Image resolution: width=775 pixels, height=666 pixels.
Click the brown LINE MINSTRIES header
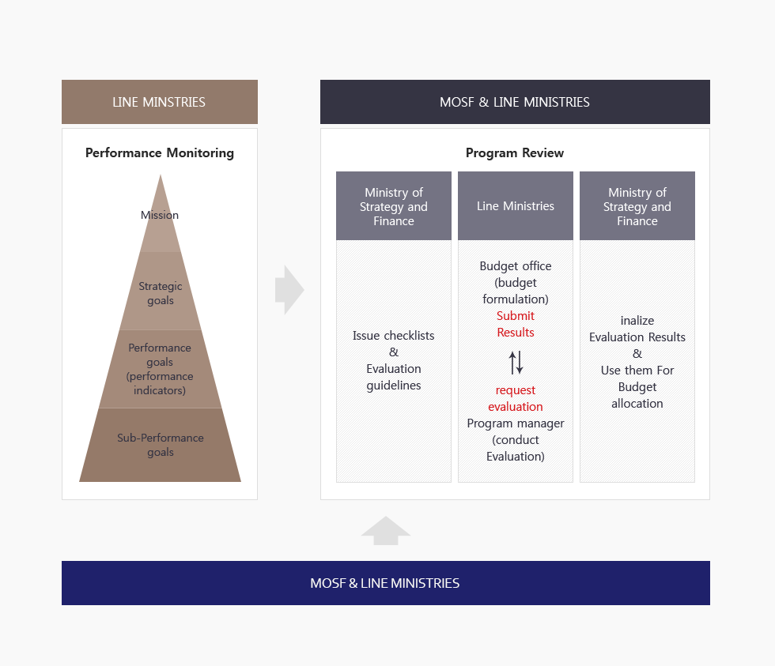pyautogui.click(x=159, y=102)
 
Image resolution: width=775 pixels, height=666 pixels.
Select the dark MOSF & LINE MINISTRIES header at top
pyautogui.click(x=514, y=102)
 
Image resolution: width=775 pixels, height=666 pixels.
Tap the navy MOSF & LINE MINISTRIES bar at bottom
pyautogui.click(x=385, y=583)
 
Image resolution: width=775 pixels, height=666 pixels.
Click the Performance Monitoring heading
pyautogui.click(x=160, y=152)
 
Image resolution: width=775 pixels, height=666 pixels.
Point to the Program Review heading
pyautogui.click(x=515, y=152)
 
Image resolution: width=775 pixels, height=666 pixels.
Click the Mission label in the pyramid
pyautogui.click(x=160, y=215)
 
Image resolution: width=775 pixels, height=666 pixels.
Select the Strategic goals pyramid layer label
pyautogui.click(x=161, y=293)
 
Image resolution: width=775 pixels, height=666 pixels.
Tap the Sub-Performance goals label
pyautogui.click(x=161, y=445)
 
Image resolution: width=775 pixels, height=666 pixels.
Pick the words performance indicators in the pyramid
pyautogui.click(x=160, y=383)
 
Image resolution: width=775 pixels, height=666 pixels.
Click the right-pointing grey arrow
pyautogui.click(x=289, y=290)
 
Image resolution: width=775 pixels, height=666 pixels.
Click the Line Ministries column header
pyautogui.click(x=516, y=206)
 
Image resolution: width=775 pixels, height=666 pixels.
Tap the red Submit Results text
pyautogui.click(x=516, y=324)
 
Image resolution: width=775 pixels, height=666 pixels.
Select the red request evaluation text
pyautogui.click(x=516, y=398)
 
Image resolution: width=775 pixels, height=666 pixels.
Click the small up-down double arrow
pyautogui.click(x=516, y=362)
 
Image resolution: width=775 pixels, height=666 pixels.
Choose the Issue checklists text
pyautogui.click(x=393, y=336)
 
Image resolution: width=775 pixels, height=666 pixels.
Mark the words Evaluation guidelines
pyautogui.click(x=393, y=377)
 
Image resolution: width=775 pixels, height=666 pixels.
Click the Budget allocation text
pyautogui.click(x=637, y=395)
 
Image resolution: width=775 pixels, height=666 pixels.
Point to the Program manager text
pyautogui.click(x=516, y=423)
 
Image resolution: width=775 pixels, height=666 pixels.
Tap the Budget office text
pyautogui.click(x=516, y=266)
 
